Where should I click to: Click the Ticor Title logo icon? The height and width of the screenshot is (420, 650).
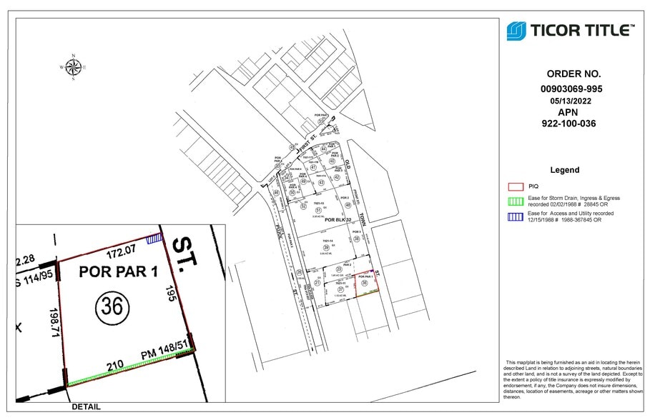click(516, 31)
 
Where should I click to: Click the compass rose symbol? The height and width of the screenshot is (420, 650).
click(73, 68)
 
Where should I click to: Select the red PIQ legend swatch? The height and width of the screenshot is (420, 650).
click(512, 186)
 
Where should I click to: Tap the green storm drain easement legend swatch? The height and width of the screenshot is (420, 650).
click(512, 200)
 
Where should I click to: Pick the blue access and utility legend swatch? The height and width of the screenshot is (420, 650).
click(512, 216)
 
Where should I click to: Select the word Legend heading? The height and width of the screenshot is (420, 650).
click(564, 170)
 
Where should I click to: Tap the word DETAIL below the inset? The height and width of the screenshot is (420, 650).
click(86, 407)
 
